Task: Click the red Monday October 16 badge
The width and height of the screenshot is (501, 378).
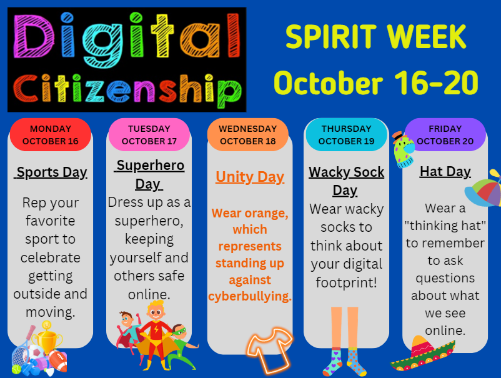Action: pyautogui.click(x=51, y=134)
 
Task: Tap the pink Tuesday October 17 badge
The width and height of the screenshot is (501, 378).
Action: pyautogui.click(x=149, y=134)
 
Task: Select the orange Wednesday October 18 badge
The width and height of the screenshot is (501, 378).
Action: pyautogui.click(x=247, y=134)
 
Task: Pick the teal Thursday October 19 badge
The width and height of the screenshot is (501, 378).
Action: pyautogui.click(x=346, y=134)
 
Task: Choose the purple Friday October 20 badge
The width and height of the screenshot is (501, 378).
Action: pyautogui.click(x=445, y=134)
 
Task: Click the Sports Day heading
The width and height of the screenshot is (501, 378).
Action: pyautogui.click(x=51, y=172)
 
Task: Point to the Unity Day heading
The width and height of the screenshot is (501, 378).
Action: pyautogui.click(x=250, y=177)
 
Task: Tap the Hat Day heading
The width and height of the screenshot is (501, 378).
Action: pyautogui.click(x=445, y=172)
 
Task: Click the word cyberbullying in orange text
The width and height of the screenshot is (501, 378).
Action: pyautogui.click(x=250, y=297)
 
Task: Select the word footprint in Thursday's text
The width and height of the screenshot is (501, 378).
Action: pyautogui.click(x=346, y=283)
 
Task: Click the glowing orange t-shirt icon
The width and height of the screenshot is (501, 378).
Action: pyautogui.click(x=269, y=351)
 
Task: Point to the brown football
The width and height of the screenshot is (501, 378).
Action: pyautogui.click(x=59, y=361)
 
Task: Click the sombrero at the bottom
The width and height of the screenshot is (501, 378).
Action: pyautogui.click(x=422, y=354)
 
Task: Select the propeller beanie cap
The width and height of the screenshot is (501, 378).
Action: pyautogui.click(x=483, y=189)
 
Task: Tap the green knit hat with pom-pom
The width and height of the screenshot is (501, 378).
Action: pyautogui.click(x=403, y=149)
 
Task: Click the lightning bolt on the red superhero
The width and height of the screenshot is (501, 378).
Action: pyautogui.click(x=156, y=329)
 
